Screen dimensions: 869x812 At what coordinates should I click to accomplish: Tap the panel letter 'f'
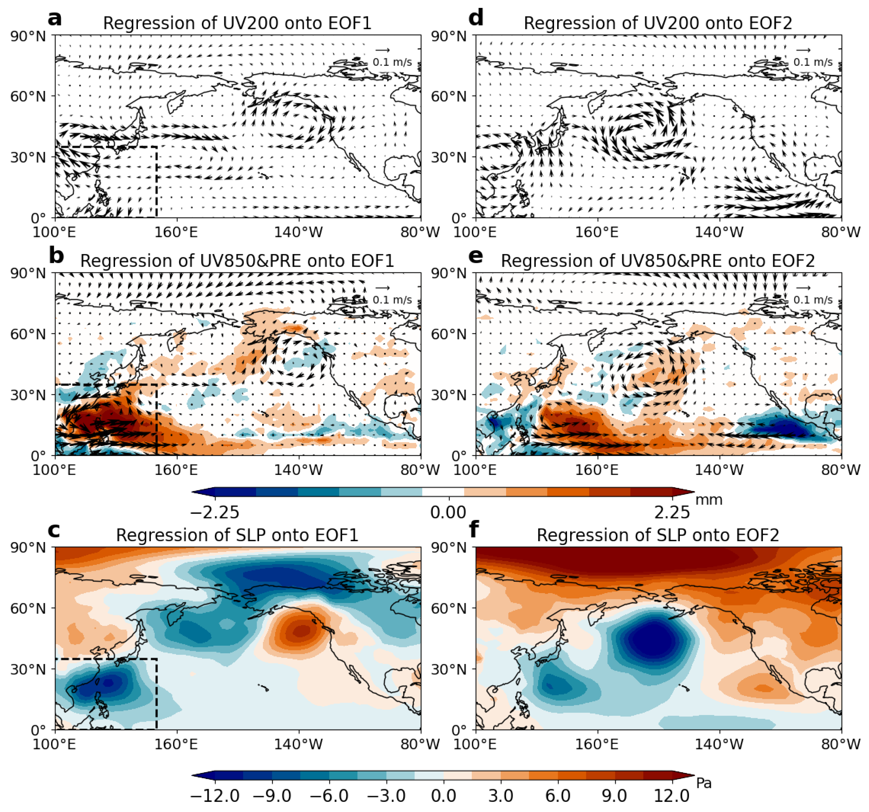(x=473, y=530)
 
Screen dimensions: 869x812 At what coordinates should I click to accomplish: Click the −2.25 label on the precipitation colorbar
(x=215, y=512)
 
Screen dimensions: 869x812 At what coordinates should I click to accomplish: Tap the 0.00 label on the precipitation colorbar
(x=448, y=512)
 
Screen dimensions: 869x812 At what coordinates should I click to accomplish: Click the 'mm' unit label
(x=709, y=500)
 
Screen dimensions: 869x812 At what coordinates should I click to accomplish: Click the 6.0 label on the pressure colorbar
(x=558, y=796)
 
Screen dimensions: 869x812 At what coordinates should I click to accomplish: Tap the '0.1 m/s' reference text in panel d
(x=813, y=62)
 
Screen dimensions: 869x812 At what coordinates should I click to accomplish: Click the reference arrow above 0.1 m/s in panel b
(x=383, y=288)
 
